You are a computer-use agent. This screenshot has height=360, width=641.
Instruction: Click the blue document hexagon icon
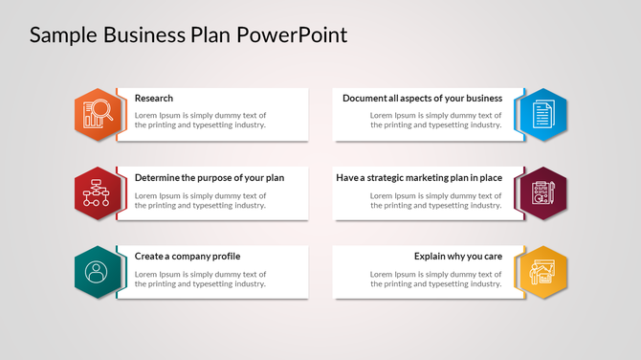[541, 115]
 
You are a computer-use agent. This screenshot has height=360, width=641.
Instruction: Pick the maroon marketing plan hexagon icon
[541, 193]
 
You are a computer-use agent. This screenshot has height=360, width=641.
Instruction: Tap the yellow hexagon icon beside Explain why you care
[541, 272]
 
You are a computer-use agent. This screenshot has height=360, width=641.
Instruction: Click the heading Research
[154, 99]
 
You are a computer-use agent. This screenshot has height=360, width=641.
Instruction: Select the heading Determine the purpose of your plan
[210, 178]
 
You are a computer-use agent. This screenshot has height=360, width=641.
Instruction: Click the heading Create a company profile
[188, 257]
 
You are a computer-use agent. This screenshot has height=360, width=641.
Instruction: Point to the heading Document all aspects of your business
[422, 99]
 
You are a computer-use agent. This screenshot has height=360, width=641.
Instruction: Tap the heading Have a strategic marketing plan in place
[419, 178]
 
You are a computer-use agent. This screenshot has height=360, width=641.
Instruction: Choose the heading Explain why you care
[458, 257]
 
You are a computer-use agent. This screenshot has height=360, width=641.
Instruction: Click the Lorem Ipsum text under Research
[200, 120]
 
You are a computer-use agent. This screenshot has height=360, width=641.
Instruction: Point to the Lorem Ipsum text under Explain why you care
[436, 279]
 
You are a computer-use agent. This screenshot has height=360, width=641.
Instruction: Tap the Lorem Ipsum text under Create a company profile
[200, 279]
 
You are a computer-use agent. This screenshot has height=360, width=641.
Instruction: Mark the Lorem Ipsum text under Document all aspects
[436, 120]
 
